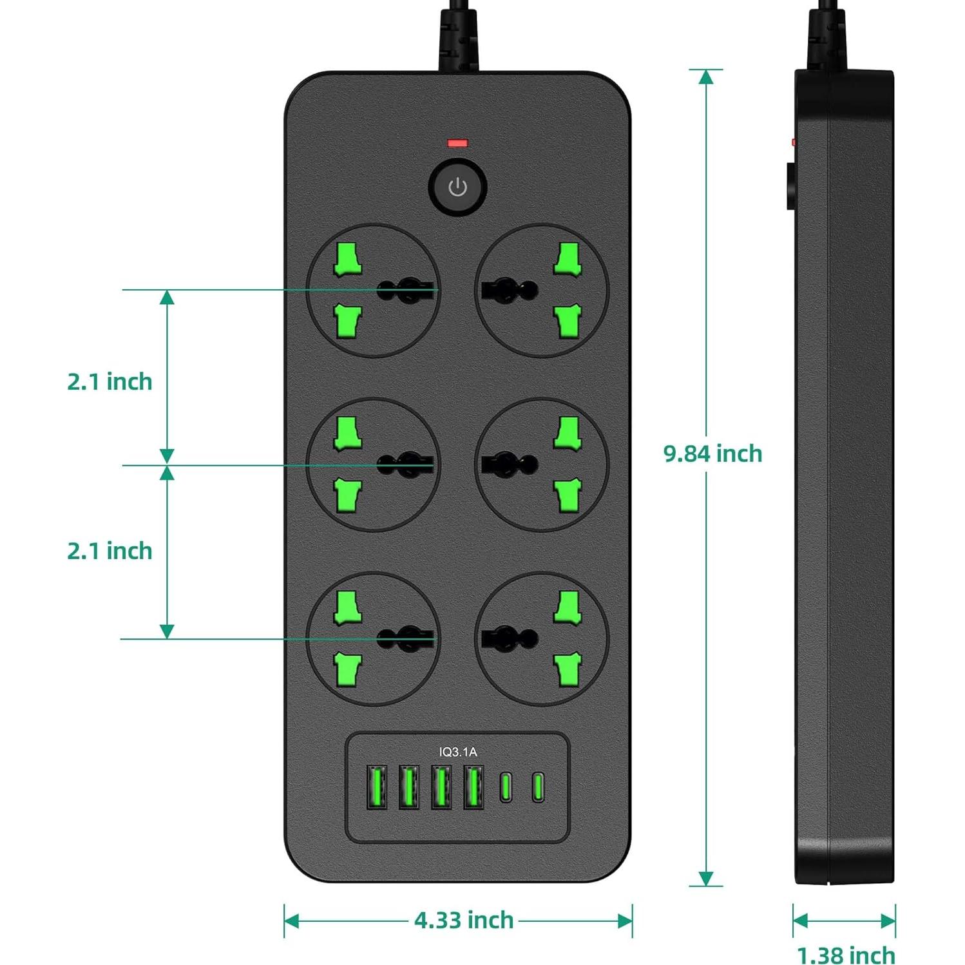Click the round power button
(457, 187)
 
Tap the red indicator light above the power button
(457, 143)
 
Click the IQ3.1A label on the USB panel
(458, 752)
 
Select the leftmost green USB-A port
(377, 787)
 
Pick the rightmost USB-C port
(538, 787)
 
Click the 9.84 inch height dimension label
(712, 454)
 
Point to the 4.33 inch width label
(464, 920)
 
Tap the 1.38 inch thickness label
(846, 955)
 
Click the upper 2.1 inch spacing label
(110, 381)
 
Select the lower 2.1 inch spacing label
(110, 551)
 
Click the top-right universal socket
(542, 291)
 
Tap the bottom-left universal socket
(374, 639)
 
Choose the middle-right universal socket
(542, 464)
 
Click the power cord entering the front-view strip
(459, 39)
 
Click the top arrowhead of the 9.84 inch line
(706, 77)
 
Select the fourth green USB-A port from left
(473, 787)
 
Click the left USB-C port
(506, 787)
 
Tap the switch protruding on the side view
(790, 187)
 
